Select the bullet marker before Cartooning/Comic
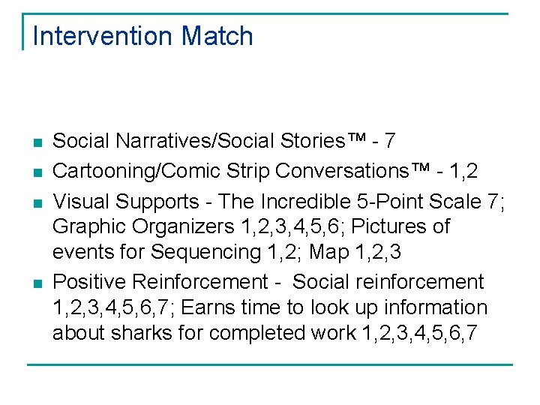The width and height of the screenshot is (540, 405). (x=37, y=172)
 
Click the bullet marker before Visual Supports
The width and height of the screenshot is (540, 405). (x=37, y=203)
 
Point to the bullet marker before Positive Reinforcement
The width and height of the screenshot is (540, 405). (x=37, y=283)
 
